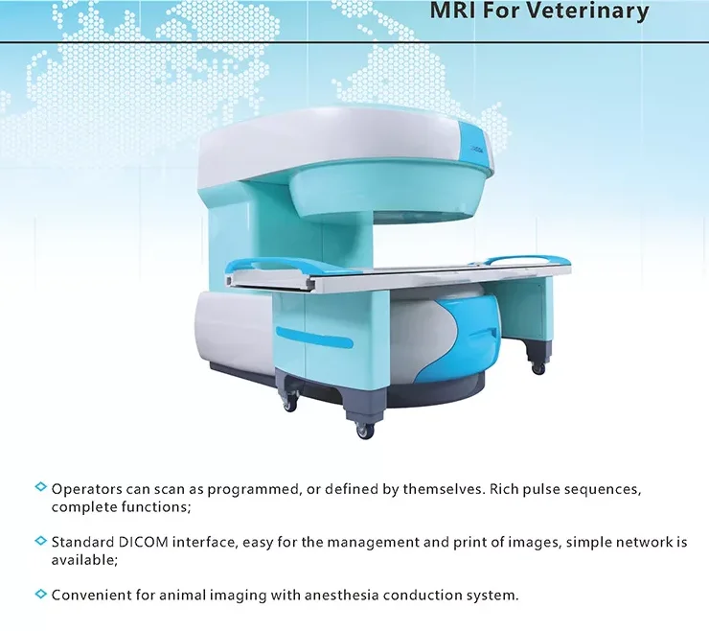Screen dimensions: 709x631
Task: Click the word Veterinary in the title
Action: click(588, 12)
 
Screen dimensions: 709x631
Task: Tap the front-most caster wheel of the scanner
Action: click(364, 431)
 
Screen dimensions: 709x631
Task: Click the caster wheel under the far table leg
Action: click(538, 368)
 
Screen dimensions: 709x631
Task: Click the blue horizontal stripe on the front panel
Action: click(314, 338)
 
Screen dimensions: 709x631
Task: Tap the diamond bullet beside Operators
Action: click(40, 487)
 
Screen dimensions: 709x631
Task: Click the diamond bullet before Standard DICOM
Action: click(40, 541)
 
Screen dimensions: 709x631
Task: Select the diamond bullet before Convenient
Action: click(40, 594)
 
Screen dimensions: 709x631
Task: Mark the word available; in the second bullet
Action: click(84, 560)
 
